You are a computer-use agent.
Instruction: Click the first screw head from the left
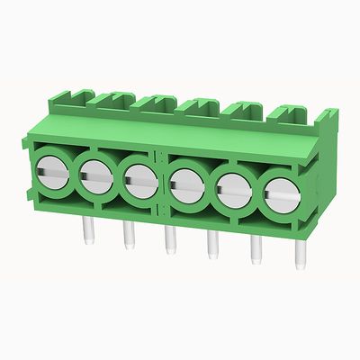51,168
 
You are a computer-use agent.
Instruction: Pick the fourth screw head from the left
186,184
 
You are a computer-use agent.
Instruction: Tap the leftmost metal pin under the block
89,230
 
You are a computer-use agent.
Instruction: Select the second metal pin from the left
128,236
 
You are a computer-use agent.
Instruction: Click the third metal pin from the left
169,240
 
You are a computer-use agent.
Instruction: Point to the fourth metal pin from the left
212,245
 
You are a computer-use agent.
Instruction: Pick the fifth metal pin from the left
256,250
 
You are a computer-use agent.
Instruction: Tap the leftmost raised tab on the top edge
74,95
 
